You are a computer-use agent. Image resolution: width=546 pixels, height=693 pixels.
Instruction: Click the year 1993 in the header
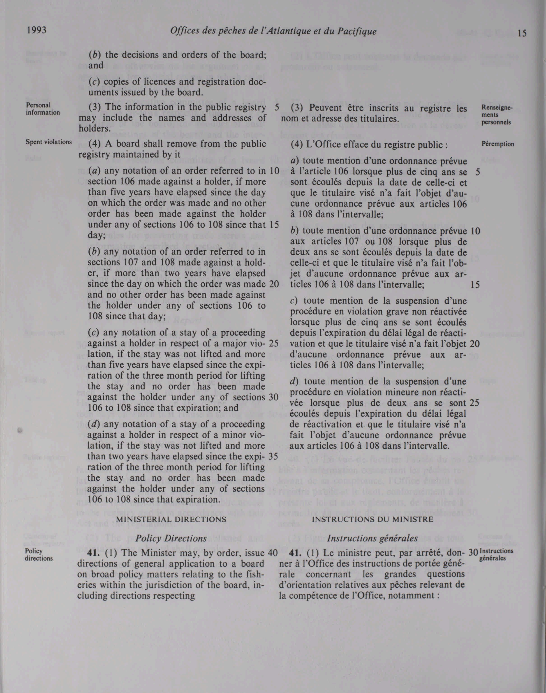[x=37, y=30]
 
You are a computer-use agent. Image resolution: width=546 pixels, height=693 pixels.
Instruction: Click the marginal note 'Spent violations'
[x=48, y=142]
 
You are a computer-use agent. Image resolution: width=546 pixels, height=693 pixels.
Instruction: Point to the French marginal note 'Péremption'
[x=498, y=144]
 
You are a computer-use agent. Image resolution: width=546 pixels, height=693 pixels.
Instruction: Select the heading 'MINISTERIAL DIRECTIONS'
[x=171, y=520]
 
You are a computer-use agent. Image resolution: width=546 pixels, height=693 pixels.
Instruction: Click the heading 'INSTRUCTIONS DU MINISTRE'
[x=372, y=520]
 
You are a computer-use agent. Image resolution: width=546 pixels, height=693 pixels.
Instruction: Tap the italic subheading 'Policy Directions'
[x=171, y=539]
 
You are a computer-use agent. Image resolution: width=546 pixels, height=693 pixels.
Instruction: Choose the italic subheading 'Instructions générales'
[x=372, y=539]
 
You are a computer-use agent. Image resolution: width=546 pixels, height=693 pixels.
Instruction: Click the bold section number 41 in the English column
[x=93, y=553]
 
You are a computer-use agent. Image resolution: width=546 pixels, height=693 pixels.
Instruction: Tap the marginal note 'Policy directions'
[x=39, y=555]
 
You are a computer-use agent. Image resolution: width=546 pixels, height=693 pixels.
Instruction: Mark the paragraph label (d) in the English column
[x=95, y=424]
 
